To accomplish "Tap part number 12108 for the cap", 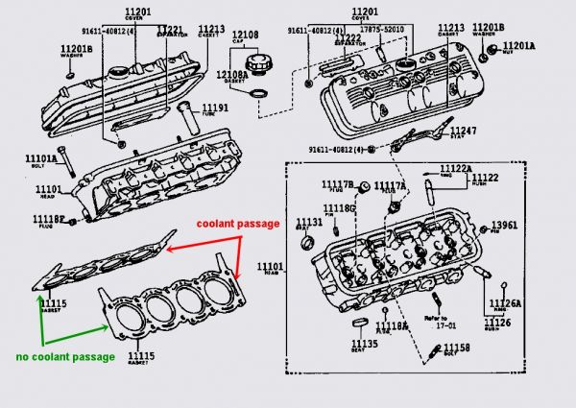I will point(247,36).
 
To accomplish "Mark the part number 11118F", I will point(51,220).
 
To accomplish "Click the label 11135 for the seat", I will point(364,342).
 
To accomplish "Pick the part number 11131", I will point(309,222).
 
